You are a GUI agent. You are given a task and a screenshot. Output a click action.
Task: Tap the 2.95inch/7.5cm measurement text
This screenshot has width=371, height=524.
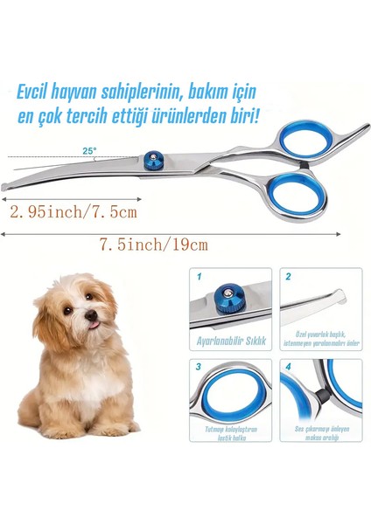pyautogui.click(x=71, y=210)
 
